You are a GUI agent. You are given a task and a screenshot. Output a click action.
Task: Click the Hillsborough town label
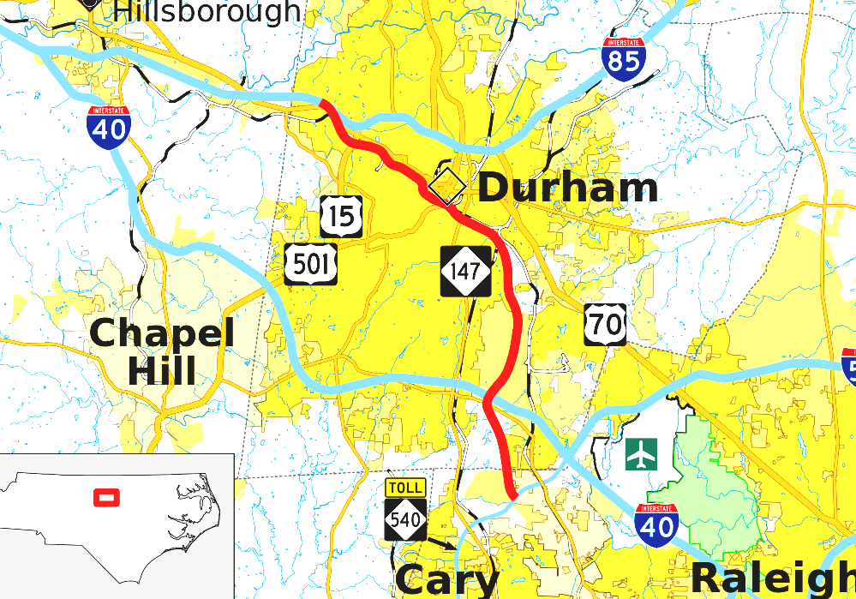207,11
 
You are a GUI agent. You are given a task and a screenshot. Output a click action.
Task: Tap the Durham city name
567,188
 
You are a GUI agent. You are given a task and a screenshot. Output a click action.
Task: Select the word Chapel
162,332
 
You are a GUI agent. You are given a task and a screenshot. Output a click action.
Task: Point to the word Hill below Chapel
162,370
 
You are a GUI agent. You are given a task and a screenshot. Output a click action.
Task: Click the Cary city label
446,580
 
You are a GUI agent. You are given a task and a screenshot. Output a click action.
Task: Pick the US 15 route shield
341,216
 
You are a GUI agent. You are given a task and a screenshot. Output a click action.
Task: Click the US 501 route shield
311,263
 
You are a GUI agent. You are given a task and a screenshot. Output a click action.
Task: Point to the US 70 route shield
605,324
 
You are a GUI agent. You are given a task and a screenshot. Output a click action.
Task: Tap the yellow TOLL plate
404,488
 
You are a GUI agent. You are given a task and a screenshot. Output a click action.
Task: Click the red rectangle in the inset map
106,496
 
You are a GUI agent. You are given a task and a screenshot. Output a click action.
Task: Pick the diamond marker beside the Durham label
446,186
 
